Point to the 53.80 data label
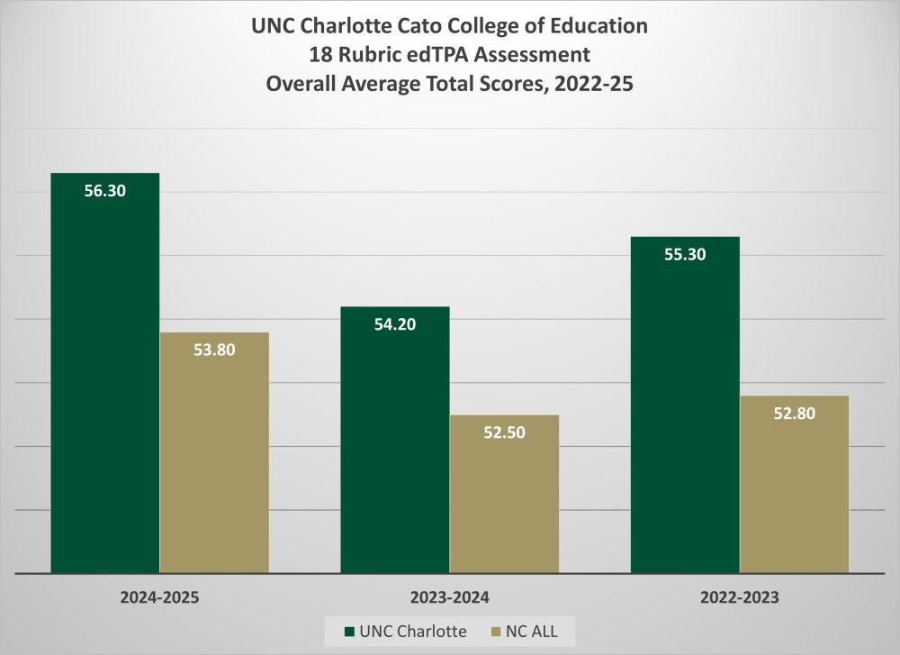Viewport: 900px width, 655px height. tap(214, 350)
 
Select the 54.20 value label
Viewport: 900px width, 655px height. tap(395, 324)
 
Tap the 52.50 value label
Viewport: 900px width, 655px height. tap(504, 432)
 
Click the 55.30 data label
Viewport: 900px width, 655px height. tap(685, 255)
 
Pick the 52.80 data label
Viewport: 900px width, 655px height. tap(794, 414)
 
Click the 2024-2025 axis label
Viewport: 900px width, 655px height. tap(159, 596)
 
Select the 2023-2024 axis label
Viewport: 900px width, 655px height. tap(449, 596)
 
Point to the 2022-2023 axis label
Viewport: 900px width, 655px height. tap(739, 596)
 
